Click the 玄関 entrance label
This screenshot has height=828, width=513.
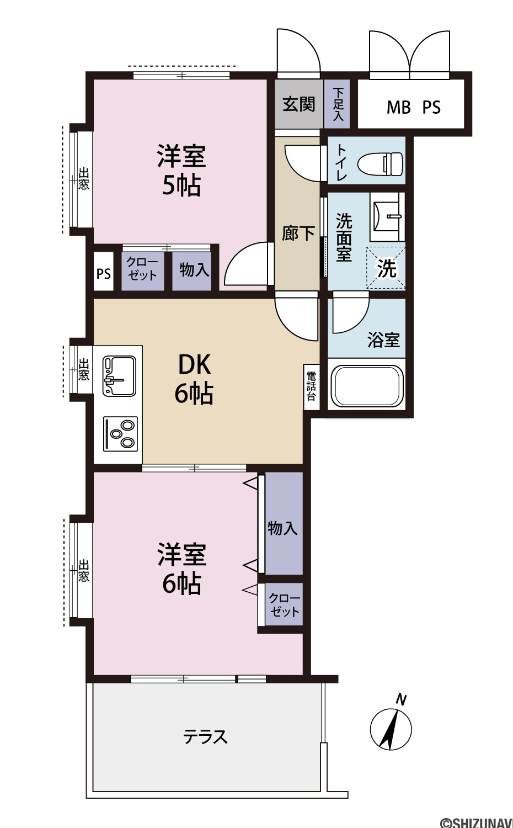coord(299,104)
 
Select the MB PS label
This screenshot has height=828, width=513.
coord(414,107)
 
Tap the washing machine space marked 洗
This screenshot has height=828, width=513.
coord(386,268)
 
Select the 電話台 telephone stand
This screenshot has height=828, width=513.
coord(311,387)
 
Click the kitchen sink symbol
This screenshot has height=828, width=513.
coord(119,376)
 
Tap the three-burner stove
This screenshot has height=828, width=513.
coord(121,434)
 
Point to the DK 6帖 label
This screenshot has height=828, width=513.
coord(194,379)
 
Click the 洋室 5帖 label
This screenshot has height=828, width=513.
coord(181,171)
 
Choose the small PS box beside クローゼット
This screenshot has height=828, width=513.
coord(103,274)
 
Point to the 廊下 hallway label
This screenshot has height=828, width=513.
coord(298,233)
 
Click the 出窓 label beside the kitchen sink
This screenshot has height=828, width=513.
coord(84,369)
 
